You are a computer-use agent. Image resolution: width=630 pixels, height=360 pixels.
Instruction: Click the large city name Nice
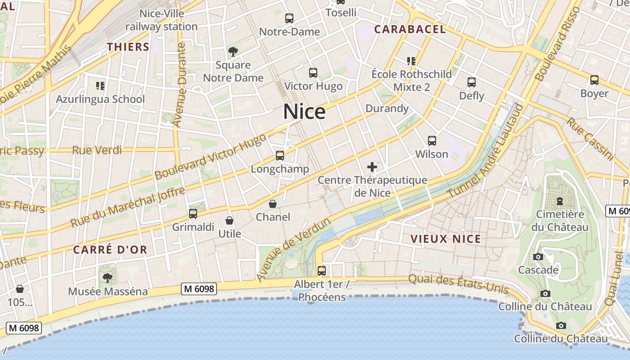[304, 112]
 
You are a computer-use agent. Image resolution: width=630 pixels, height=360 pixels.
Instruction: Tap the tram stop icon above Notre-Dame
[289, 18]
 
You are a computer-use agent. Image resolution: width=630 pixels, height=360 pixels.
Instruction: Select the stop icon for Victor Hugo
[313, 72]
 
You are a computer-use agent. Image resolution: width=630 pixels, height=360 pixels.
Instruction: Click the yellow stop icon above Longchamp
[280, 156]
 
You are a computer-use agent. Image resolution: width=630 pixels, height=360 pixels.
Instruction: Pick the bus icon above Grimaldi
[193, 214]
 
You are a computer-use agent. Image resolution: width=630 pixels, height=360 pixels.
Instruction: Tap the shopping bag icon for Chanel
[273, 204]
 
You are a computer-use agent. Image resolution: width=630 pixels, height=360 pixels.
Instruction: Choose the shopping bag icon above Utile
[229, 220]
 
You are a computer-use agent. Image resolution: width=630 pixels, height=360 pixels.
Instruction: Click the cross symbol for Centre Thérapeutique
[372, 167]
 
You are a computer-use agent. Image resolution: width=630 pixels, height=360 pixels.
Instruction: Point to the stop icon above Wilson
[432, 141]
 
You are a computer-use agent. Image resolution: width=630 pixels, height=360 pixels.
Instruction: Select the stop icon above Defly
[472, 82]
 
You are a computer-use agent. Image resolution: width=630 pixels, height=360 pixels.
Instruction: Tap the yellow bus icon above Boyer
[594, 80]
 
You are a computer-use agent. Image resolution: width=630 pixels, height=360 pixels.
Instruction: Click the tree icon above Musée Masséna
[107, 278]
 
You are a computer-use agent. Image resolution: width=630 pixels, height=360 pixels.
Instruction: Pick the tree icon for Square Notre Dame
[233, 52]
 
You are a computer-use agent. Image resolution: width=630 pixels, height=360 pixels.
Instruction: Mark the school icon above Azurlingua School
[100, 85]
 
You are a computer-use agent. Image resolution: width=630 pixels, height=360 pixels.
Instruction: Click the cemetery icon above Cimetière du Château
[560, 201]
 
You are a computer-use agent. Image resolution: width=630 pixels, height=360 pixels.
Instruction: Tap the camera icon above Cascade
[538, 257]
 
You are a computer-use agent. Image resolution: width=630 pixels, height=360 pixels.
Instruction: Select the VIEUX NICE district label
[445, 239]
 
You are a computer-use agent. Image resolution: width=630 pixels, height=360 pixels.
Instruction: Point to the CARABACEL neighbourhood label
[410, 30]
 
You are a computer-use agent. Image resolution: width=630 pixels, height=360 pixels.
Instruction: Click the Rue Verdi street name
[97, 150]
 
